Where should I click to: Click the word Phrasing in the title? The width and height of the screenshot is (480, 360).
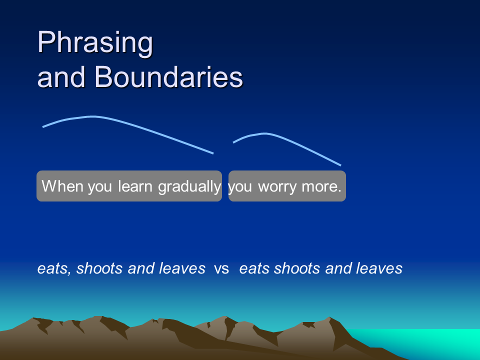95,43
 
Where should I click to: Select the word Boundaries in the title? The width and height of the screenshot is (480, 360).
168,77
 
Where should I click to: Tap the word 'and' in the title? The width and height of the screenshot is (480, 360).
61,77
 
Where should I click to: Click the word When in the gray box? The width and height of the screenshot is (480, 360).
62,186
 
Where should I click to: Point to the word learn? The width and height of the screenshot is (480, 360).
135,186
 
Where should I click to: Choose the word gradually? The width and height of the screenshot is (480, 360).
189,186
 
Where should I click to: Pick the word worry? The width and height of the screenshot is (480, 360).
277,186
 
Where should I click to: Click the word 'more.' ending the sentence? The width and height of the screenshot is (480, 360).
321,186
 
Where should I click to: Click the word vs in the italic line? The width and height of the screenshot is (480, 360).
221,269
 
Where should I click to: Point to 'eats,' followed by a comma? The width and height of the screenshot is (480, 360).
54,269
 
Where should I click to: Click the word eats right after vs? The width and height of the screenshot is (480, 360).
254,269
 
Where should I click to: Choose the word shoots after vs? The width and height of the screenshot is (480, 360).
297,268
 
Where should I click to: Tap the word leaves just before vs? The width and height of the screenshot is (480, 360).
182,268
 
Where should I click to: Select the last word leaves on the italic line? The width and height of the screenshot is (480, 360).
379,268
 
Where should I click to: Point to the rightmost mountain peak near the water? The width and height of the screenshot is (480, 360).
329,318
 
